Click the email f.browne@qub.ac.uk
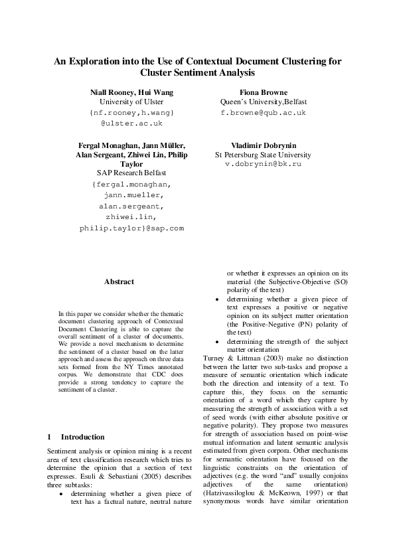[263, 113]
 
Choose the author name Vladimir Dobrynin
[262, 145]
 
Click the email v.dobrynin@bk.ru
[263, 163]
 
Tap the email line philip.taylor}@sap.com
[131, 228]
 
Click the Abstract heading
[119, 281]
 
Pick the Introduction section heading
[82, 437]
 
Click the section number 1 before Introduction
[50, 437]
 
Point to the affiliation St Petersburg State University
[262, 154]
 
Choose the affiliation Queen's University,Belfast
[262, 102]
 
